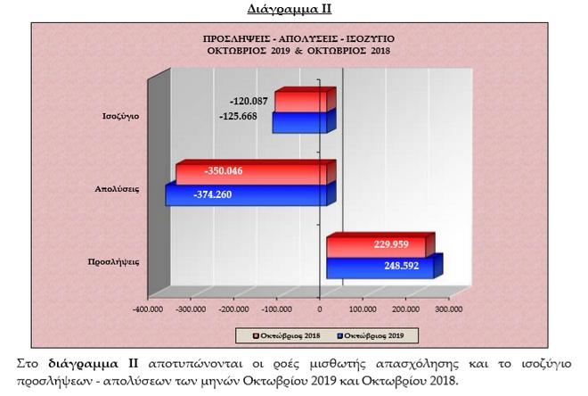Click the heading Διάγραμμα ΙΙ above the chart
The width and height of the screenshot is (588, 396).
pos(293,10)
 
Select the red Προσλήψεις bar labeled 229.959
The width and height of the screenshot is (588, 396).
pos(380,244)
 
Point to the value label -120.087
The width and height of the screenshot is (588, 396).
pos(249,102)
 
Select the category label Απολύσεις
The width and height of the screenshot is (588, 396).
pos(118,189)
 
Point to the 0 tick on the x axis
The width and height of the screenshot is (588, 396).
pos(319,309)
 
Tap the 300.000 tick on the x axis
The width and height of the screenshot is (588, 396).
pos(447,309)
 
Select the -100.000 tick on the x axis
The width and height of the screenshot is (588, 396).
pos(276,309)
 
